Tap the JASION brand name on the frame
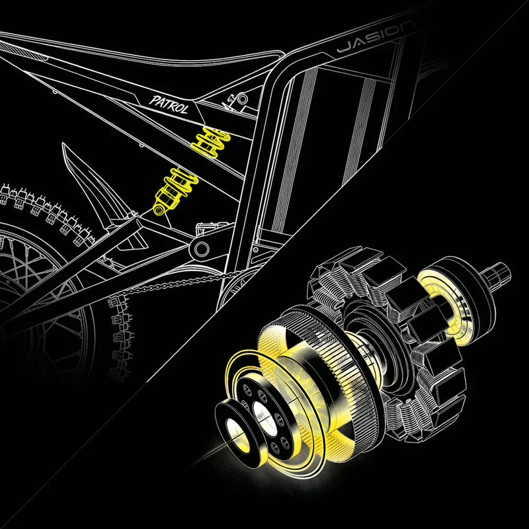pos(375,41)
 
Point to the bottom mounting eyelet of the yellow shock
pos(159,210)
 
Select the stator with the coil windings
pos(423,370)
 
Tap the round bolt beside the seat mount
pos(242,100)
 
